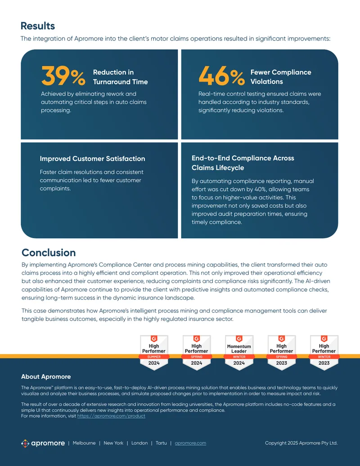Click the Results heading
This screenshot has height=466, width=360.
[x=38, y=26]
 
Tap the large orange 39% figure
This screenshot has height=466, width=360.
[x=63, y=76]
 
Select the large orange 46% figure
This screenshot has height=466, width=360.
[x=221, y=76]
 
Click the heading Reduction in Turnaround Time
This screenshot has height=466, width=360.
[x=120, y=77]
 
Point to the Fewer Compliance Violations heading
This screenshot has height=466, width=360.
[x=281, y=77]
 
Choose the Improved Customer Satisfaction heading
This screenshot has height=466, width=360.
[x=92, y=158]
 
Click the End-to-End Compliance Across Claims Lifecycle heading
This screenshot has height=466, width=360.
[x=243, y=163]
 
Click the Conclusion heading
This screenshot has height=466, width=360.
[x=49, y=253]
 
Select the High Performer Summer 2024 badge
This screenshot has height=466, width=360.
[x=154, y=353]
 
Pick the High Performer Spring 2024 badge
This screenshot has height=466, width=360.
[x=196, y=353]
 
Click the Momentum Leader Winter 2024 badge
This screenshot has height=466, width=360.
[x=239, y=353]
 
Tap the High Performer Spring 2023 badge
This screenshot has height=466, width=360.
[x=281, y=353]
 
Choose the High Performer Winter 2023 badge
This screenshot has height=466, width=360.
[x=324, y=353]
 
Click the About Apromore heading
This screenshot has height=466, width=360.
[x=46, y=377]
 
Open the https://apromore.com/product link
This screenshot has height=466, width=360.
[x=112, y=416]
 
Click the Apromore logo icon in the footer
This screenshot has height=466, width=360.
[x=25, y=443]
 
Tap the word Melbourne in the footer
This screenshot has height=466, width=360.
[x=84, y=443]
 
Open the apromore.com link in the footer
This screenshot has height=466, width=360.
[x=190, y=443]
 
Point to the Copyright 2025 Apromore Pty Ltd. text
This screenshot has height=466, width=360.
[x=301, y=443]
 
